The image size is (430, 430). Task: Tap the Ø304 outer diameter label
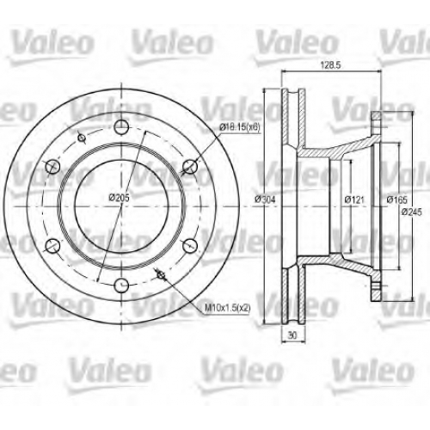(265, 200)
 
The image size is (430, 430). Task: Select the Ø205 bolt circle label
(120, 198)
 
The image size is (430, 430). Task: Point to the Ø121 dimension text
(354, 200)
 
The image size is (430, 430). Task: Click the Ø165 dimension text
(396, 200)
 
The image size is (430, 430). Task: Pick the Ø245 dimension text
(412, 212)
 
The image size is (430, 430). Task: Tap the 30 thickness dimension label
(292, 335)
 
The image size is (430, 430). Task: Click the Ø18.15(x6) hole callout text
(240, 127)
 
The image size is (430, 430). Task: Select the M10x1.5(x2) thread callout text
(228, 308)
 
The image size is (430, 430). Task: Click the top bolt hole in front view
(121, 127)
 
